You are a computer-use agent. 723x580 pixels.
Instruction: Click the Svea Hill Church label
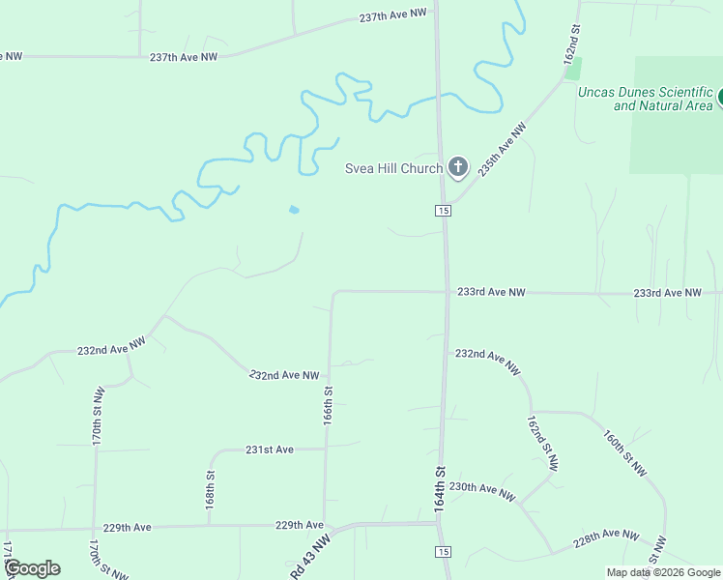[394, 168]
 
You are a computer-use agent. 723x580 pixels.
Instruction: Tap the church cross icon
[458, 168]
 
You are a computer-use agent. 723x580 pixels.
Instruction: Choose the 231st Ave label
[269, 449]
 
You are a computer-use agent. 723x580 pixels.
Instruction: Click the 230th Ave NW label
[482, 489]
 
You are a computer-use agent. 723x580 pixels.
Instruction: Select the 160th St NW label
[624, 453]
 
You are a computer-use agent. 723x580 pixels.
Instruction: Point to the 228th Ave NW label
[606, 538]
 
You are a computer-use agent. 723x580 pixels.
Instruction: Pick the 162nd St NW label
[542, 444]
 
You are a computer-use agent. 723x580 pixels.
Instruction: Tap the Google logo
[32, 567]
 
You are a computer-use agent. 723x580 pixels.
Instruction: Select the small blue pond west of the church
[293, 209]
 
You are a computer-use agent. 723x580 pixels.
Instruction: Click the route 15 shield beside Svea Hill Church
[443, 211]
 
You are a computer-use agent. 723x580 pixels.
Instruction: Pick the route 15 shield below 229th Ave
[443, 551]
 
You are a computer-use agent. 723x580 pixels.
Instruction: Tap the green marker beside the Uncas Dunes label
[719, 99]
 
